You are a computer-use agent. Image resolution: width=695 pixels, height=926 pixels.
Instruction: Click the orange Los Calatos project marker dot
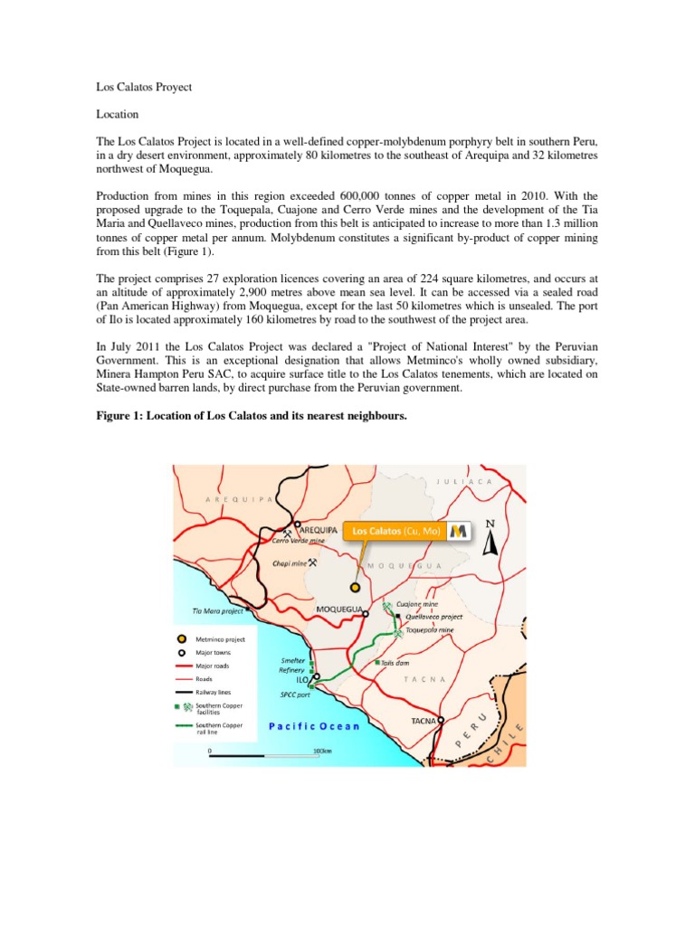click(356, 587)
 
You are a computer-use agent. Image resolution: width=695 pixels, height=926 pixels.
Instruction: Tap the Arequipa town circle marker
click(297, 524)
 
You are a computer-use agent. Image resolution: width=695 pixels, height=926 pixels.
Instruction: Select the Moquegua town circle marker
click(366, 613)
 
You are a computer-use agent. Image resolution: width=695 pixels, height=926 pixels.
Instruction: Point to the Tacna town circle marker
click(443, 721)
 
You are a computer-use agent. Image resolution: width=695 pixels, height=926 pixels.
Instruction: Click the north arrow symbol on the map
click(490, 541)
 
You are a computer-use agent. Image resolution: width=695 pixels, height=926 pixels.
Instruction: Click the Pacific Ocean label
click(314, 726)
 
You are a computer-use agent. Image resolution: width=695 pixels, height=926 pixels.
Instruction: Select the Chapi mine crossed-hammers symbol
click(312, 562)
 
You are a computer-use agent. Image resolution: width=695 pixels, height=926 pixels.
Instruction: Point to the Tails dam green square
click(378, 663)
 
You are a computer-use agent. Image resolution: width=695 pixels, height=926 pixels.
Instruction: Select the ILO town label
click(303, 676)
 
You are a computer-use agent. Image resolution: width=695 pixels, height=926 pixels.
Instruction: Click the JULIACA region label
click(465, 482)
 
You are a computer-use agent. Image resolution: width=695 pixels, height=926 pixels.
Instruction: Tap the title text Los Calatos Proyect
click(144, 88)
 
